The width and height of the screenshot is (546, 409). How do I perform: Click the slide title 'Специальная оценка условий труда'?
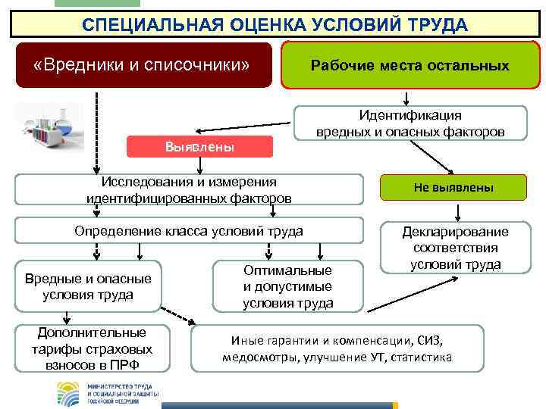pos(275,25)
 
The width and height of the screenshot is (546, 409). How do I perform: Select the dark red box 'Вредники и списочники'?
pos(143,64)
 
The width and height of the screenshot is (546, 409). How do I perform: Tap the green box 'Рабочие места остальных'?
pos(409,65)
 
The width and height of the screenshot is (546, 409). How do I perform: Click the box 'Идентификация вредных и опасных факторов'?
pos(410,123)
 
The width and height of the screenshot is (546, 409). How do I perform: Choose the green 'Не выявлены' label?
pos(453,187)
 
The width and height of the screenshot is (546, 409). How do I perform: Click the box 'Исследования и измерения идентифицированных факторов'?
pos(189,190)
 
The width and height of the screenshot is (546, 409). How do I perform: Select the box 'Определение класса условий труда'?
pos(189,230)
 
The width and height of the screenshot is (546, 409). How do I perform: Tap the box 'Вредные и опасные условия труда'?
pos(88,286)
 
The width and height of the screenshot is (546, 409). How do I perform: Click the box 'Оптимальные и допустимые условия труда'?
pos(287,286)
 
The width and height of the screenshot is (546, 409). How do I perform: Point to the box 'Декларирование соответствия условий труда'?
pos(455,248)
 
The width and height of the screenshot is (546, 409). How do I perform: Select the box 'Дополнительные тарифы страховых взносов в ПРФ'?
pos(92,349)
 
